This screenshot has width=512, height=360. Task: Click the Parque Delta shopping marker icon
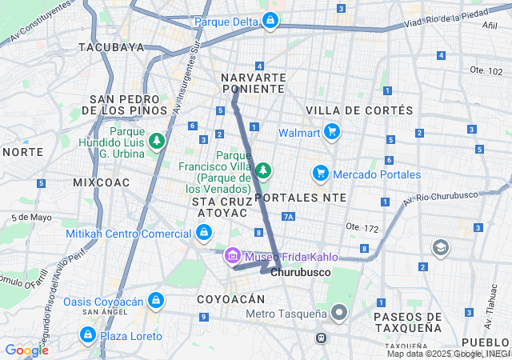click(x=271, y=20)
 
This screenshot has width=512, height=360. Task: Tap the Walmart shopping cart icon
click(x=332, y=132)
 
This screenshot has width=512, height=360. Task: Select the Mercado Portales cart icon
click(x=321, y=174)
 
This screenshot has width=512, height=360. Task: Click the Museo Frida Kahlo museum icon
click(x=233, y=257)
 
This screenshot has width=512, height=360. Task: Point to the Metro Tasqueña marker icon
click(x=340, y=313)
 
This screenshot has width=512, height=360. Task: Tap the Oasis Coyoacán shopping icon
click(x=155, y=302)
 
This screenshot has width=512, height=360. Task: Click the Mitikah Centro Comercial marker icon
click(x=204, y=233)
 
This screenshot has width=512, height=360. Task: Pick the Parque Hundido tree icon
click(x=157, y=142)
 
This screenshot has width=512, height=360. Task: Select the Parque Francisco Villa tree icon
click(x=263, y=170)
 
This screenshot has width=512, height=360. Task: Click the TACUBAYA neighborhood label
click(x=112, y=47)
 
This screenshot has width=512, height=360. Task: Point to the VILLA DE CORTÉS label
click(x=359, y=110)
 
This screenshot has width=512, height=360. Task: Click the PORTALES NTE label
click(x=300, y=197)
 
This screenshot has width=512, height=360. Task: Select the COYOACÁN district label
click(x=230, y=298)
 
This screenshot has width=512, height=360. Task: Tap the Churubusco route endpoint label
click(x=300, y=273)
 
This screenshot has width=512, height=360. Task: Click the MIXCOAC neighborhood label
click(x=101, y=182)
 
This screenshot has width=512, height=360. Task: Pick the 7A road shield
click(x=289, y=217)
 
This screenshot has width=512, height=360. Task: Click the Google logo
click(x=26, y=350)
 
